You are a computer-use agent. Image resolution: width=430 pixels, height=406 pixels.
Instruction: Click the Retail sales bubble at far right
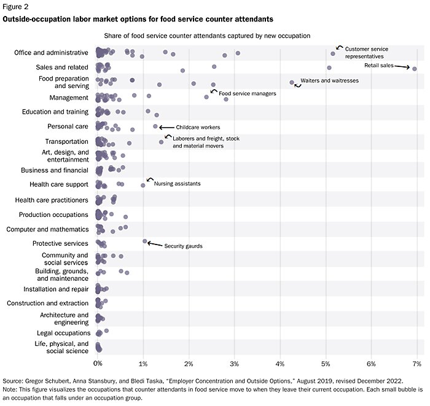(415, 68)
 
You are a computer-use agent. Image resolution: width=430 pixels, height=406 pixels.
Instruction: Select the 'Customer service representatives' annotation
(367, 52)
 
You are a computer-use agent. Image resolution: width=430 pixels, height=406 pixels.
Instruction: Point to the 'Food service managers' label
(248, 93)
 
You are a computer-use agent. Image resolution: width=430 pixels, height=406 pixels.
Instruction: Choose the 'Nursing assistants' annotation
(177, 184)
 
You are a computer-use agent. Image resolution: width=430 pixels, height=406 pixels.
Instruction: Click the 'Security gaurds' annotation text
(183, 246)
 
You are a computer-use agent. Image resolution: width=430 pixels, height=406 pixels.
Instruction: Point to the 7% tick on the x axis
(416, 364)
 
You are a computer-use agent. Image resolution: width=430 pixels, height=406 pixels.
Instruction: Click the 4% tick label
(280, 364)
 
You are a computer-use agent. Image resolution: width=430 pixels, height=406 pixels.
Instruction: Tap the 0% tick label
(98, 364)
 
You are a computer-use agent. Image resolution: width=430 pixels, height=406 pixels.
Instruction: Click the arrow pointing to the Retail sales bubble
(402, 66)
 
